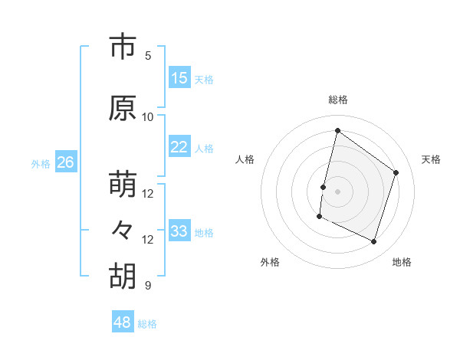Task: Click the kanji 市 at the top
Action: (x=122, y=47)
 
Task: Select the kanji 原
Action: (x=122, y=109)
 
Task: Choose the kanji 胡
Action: (x=122, y=277)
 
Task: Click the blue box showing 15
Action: (x=179, y=78)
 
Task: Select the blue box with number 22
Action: (x=179, y=147)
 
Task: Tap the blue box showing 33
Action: (x=179, y=231)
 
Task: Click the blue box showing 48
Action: (x=123, y=322)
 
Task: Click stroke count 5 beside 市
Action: (x=148, y=56)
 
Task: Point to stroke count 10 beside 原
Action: (x=148, y=117)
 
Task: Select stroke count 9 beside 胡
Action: (x=148, y=286)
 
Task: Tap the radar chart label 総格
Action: (x=338, y=100)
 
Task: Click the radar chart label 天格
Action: (x=432, y=159)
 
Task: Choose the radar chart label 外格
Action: (x=270, y=262)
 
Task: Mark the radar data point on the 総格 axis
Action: (x=337, y=131)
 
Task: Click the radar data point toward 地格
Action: (x=374, y=242)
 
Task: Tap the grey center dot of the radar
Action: (x=337, y=191)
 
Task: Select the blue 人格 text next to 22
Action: (x=204, y=148)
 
